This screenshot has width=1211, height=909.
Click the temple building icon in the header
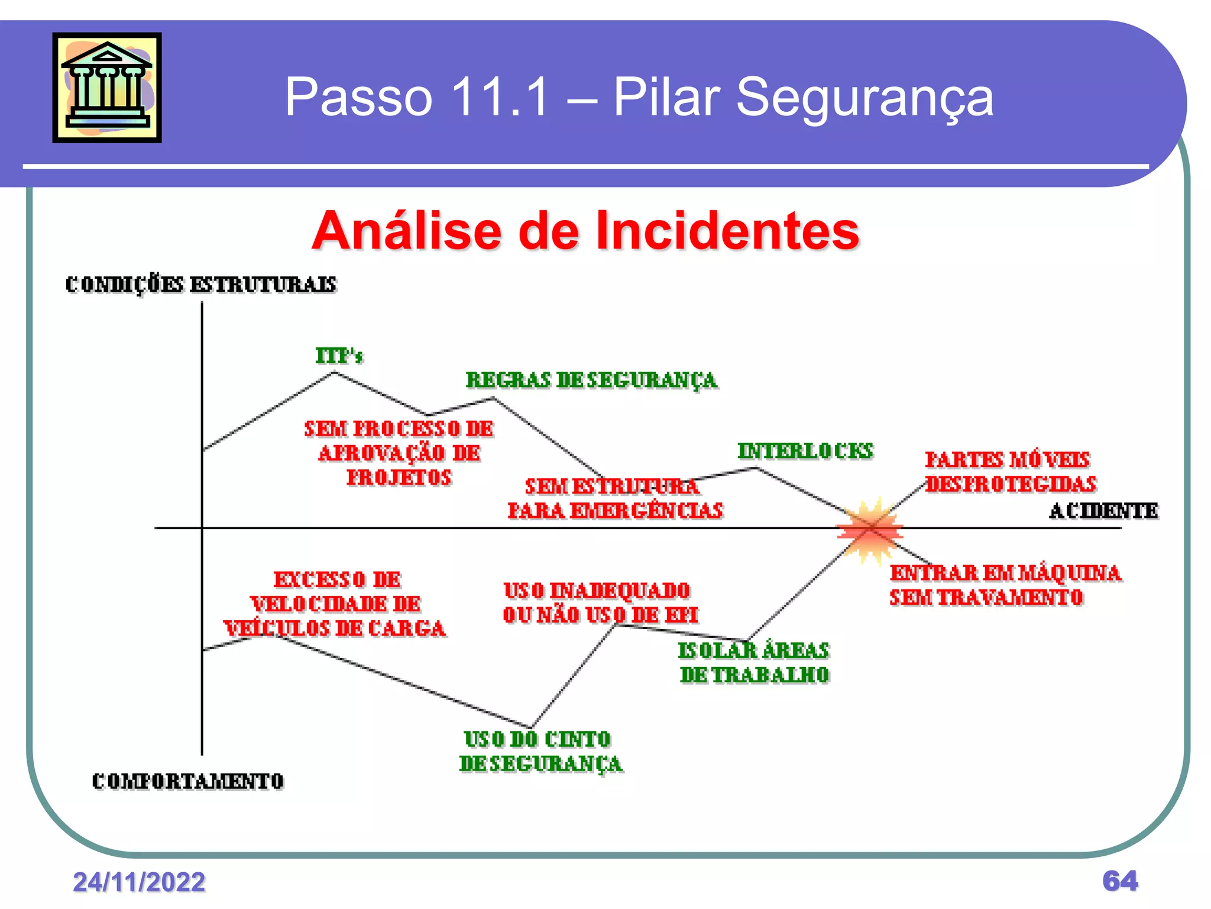pos(107,88)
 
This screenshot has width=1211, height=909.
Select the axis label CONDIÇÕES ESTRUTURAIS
pos(201,285)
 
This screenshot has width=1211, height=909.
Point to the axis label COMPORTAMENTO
pos(188,781)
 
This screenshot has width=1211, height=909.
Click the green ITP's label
pos(339,356)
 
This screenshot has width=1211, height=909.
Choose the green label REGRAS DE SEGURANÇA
pos(591,381)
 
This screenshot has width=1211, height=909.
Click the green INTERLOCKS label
pos(805,451)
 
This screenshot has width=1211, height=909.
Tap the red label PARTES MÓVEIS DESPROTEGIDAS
pos(1010,472)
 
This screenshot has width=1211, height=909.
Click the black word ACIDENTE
pos(1103,511)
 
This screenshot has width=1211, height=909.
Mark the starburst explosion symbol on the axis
pos(869,528)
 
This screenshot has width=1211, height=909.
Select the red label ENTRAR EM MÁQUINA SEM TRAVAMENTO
pos(1005,585)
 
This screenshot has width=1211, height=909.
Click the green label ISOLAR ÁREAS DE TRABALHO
pos(754,662)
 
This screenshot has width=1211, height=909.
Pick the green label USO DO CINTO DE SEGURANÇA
pos(540,752)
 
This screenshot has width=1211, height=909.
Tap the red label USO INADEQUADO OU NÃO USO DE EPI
pos(598,602)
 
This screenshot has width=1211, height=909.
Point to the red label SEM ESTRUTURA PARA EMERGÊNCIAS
pos(615,499)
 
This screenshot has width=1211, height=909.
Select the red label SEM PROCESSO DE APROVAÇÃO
pos(399,453)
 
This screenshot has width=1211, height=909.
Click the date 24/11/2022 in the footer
pos(139,882)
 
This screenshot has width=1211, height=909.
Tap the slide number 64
pos(1119,881)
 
